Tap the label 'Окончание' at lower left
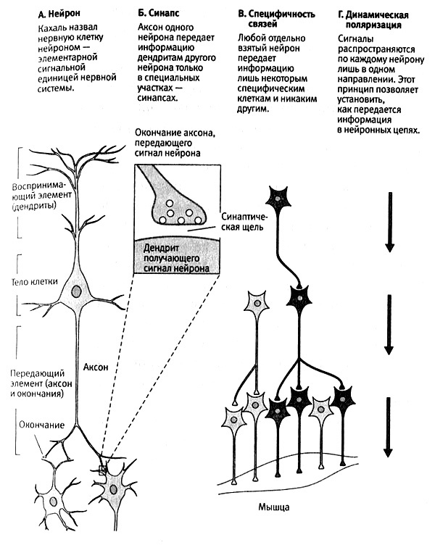(38, 424)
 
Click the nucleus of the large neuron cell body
(77, 291)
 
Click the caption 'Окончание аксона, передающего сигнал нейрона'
(173, 144)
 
